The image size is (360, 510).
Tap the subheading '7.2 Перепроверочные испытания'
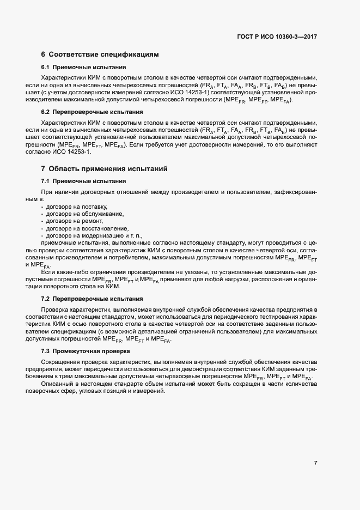click(92, 299)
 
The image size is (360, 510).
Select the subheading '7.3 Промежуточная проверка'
click(86, 351)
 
